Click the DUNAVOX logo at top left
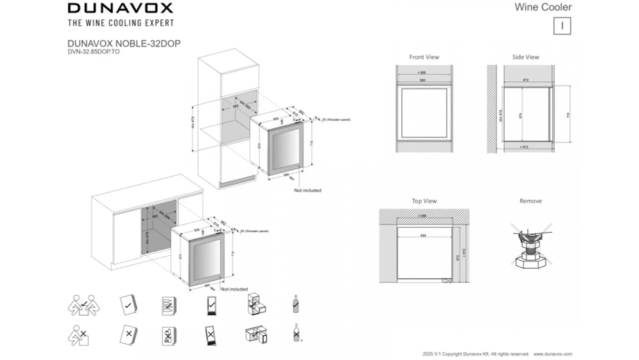(120, 8)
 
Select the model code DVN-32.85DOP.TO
(93, 51)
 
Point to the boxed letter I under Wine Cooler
(561, 26)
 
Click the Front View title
(424, 57)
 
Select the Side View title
(525, 57)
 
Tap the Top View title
(424, 201)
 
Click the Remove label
(530, 201)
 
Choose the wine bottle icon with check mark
(295, 304)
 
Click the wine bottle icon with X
(295, 333)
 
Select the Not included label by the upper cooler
(307, 191)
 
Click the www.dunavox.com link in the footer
(553, 354)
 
